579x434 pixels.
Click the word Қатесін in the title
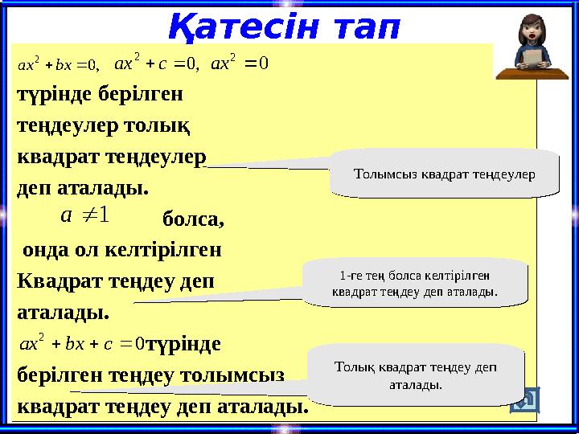pos(240,27)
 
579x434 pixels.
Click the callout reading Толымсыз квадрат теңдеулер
pos(444,173)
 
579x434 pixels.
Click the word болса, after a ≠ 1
pos(193,219)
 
